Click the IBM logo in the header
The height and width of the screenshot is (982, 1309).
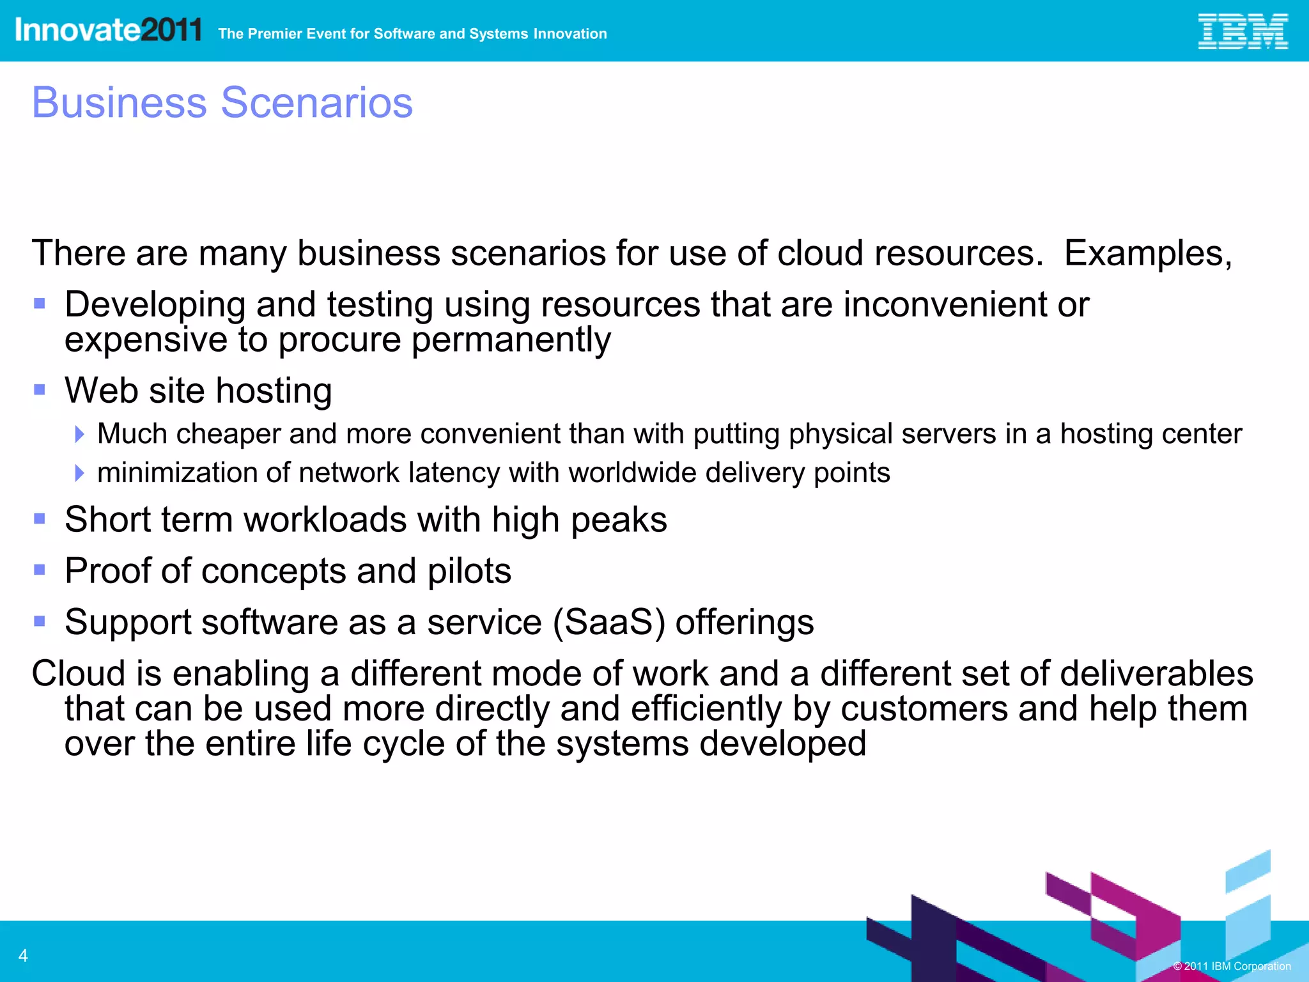1242,32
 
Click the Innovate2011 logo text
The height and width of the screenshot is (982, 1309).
108,30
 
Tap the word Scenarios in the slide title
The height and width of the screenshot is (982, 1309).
317,102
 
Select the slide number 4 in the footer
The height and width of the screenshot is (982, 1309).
23,956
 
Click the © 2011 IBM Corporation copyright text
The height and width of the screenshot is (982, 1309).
1232,966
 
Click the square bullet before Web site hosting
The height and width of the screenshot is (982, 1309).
40,389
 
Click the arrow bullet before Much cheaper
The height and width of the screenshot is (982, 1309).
79,434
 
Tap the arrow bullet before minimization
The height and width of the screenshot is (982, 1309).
79,473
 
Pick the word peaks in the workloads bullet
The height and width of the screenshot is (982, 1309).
618,520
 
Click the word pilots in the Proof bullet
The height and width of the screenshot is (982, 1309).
469,571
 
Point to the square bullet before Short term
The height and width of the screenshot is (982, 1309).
40,518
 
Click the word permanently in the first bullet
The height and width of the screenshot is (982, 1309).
511,339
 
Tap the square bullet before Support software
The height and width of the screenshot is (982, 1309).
40,621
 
